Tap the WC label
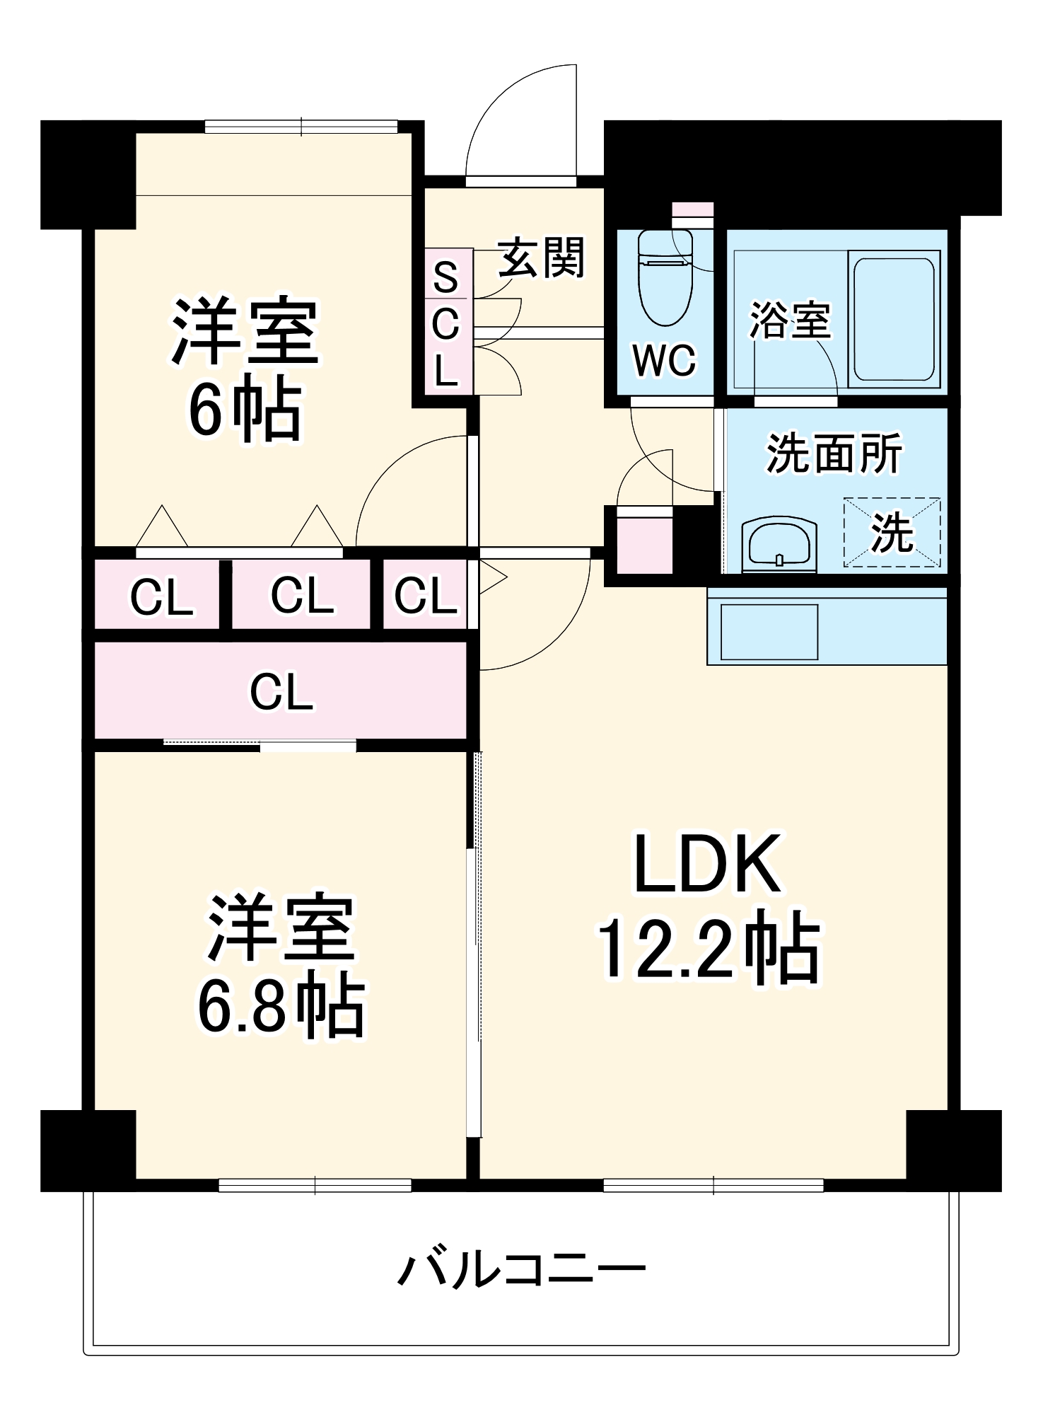coord(664,360)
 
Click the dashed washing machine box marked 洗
coord(892,532)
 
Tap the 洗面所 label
coord(834,454)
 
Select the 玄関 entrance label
coord(542,258)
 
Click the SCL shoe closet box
coord(448,322)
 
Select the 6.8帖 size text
coord(281,1009)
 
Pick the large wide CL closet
coord(281,691)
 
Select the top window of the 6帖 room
coord(301,127)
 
